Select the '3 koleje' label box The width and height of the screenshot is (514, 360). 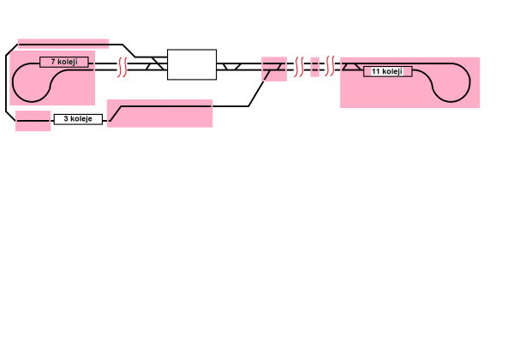[x=78, y=119]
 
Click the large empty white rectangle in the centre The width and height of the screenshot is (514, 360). [x=192, y=64]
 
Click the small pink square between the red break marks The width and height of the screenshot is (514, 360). [x=314, y=66]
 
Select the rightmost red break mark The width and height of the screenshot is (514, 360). [x=329, y=66]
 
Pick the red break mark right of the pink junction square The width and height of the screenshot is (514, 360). [x=300, y=66]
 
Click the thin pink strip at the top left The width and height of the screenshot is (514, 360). [x=63, y=41]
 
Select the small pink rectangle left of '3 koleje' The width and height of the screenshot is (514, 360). [x=33, y=121]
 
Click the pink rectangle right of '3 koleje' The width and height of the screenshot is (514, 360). [x=159, y=113]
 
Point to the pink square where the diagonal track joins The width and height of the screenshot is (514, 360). [x=273, y=68]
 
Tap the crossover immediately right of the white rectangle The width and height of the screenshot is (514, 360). [x=230, y=65]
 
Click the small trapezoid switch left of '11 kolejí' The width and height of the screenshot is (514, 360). [x=351, y=66]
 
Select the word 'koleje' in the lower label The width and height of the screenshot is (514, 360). [x=81, y=119]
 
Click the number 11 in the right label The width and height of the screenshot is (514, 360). [x=377, y=71]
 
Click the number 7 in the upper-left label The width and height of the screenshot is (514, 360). [x=53, y=62]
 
